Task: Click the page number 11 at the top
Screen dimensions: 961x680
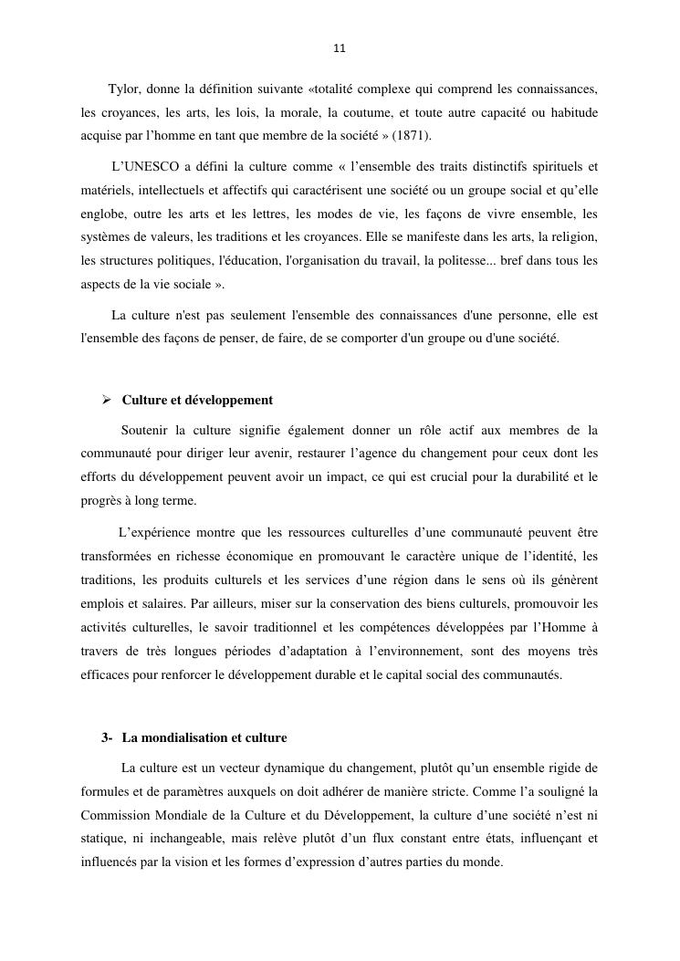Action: [x=340, y=48]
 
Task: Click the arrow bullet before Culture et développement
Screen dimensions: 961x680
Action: [x=106, y=400]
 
